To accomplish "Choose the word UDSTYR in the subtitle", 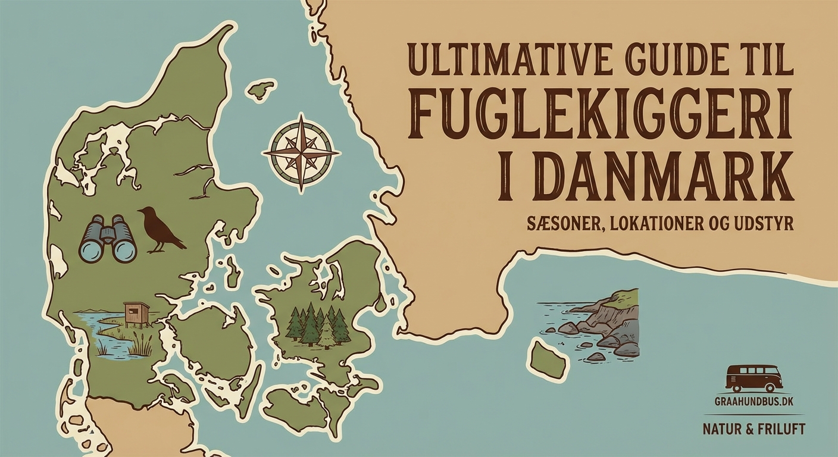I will [767, 225].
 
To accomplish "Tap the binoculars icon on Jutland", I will [108, 239].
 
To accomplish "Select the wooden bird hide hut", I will [136, 314].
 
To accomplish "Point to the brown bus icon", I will [753, 378].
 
